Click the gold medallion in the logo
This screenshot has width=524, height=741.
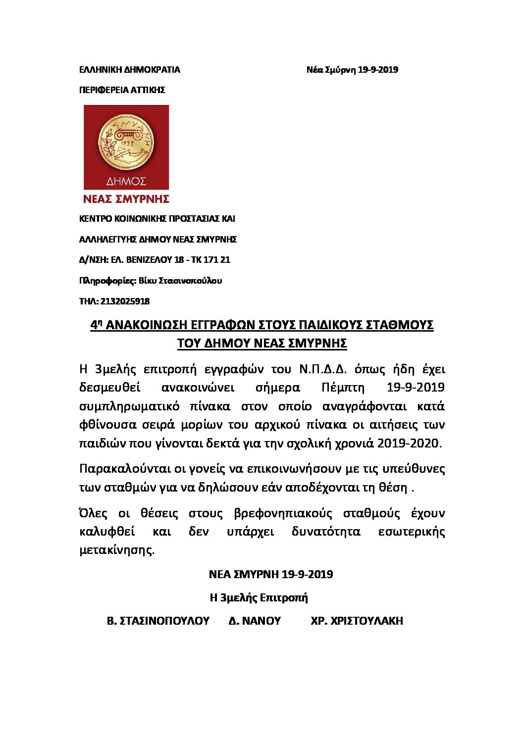coord(126,141)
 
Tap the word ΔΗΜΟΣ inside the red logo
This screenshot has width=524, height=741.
coord(126,181)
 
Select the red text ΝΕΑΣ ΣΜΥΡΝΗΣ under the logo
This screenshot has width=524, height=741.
coord(126,199)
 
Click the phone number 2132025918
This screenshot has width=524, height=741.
coord(125,301)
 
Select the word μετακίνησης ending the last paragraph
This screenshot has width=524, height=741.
coord(116,550)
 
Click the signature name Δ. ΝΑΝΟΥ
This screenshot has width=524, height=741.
coord(255,621)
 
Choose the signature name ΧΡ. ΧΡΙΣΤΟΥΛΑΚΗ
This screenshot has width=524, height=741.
coord(357,621)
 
